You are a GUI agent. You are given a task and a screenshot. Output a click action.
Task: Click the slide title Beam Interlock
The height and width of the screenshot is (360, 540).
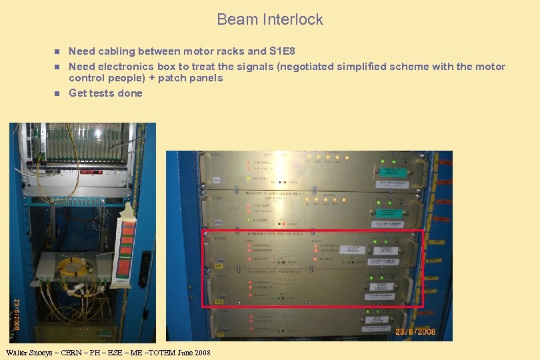pos(269,19)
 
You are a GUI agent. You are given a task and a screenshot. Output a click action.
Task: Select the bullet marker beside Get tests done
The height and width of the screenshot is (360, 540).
pos(57,93)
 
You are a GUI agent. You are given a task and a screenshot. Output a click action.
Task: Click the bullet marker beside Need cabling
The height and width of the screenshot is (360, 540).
pos(57,51)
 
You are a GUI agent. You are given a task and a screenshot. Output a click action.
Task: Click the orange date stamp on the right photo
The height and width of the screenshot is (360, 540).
pos(415,331)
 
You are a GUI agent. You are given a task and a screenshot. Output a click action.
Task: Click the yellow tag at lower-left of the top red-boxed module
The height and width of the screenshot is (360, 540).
pos(218,264)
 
